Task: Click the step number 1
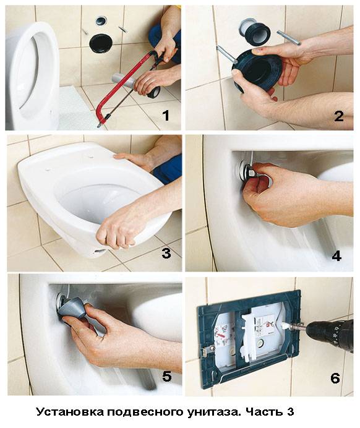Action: [166, 115]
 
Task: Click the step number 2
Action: [339, 116]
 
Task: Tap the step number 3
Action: [166, 253]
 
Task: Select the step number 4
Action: [336, 256]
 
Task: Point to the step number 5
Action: [167, 376]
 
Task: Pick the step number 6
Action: [335, 378]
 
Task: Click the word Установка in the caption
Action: [70, 411]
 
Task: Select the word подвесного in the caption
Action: [145, 412]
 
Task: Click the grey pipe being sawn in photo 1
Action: [123, 82]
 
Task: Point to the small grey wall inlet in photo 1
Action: [101, 21]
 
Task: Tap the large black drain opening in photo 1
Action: [101, 43]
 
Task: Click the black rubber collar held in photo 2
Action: [257, 72]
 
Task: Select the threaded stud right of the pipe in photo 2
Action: [289, 38]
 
